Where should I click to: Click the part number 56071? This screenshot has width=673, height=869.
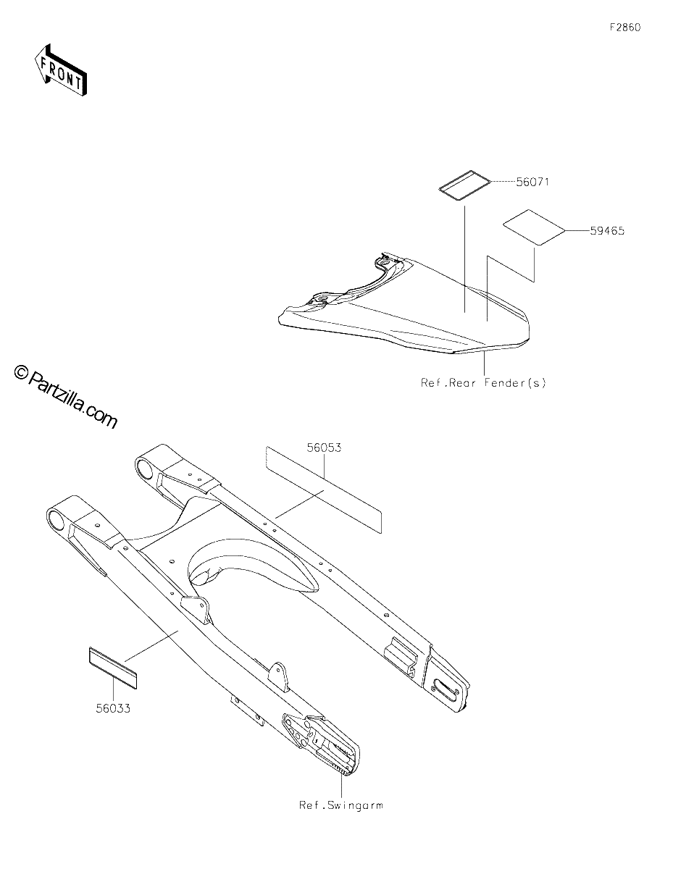[x=532, y=182]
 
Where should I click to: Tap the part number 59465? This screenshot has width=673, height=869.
[x=607, y=231]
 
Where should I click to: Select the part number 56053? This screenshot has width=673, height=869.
[x=324, y=448]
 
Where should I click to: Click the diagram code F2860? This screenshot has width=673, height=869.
[x=625, y=28]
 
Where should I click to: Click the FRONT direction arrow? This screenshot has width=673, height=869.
[x=60, y=70]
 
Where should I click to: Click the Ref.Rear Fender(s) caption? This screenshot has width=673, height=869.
[x=483, y=382]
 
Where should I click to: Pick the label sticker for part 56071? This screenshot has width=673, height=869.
[x=464, y=185]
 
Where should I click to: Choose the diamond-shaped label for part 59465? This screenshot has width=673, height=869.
[x=534, y=227]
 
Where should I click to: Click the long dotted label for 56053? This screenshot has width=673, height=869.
[x=324, y=490]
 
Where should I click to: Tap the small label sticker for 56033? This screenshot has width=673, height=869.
[x=112, y=668]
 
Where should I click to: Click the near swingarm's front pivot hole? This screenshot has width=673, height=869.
[x=56, y=521]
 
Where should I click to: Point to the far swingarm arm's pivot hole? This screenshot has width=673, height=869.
[x=144, y=469]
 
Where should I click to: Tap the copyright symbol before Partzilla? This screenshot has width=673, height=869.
[x=21, y=373]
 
